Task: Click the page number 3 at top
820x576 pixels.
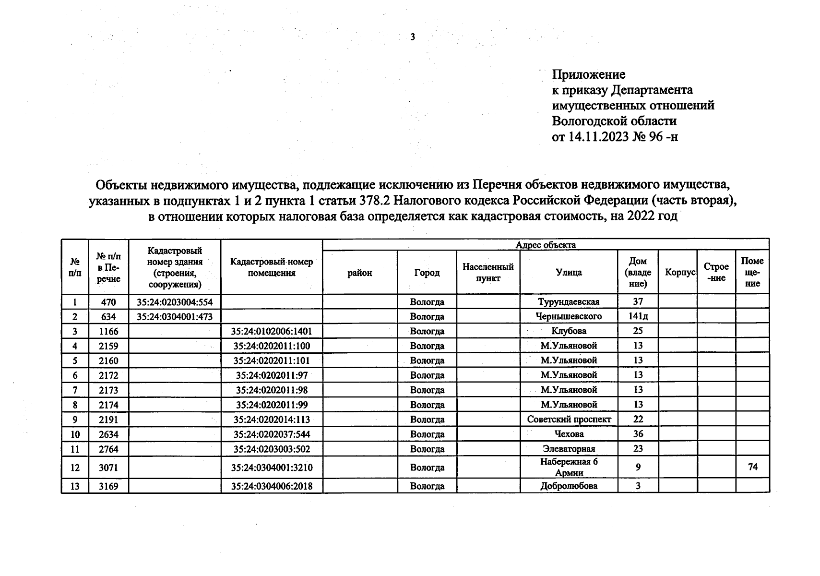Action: (x=412, y=37)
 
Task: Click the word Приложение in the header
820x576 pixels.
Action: (x=588, y=74)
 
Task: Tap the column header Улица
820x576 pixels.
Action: (x=569, y=272)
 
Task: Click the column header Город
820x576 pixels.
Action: (x=427, y=272)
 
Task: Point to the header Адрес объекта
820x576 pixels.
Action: (x=546, y=245)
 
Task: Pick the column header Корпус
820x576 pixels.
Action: (x=680, y=272)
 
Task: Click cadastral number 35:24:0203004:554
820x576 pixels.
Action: (x=174, y=302)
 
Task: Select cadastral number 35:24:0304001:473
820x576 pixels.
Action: (x=174, y=317)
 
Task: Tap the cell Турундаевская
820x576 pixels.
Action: (x=569, y=302)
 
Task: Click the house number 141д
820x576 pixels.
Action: (x=638, y=316)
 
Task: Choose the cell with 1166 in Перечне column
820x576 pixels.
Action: (x=108, y=331)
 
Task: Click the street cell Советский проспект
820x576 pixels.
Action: (x=569, y=420)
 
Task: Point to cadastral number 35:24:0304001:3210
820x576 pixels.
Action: (x=271, y=468)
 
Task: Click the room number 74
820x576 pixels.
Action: (x=752, y=467)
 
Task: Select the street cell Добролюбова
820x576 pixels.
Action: (x=569, y=486)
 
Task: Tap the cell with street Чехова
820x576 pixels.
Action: (x=569, y=434)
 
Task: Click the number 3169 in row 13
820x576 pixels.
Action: (x=108, y=486)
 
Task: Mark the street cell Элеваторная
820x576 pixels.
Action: (x=569, y=449)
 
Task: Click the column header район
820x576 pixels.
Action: (x=359, y=273)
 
